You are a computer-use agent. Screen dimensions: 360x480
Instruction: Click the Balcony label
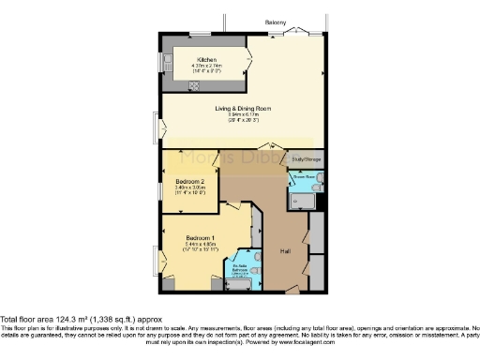[275, 22]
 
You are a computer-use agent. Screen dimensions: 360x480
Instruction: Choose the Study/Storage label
[311, 158]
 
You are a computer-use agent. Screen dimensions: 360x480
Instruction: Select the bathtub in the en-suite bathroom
[240, 284]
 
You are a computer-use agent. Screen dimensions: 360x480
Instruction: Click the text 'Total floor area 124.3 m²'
[56, 320]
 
